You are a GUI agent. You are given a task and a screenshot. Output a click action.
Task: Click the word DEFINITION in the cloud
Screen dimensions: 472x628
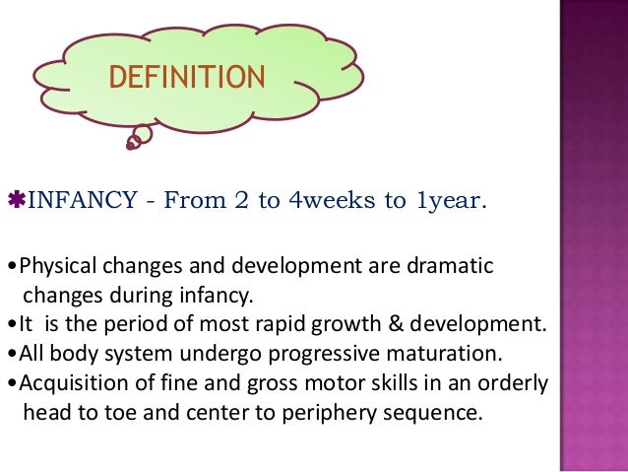point(187,77)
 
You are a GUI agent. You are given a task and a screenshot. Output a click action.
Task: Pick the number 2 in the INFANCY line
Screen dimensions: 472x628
point(241,203)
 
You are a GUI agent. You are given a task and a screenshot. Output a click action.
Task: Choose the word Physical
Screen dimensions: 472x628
point(55,267)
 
